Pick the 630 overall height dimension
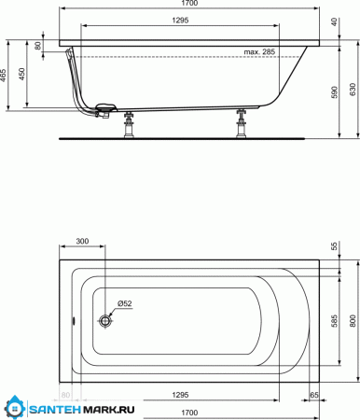pos(351,89)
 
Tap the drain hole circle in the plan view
pos(105,320)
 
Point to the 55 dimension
pos(335,245)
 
